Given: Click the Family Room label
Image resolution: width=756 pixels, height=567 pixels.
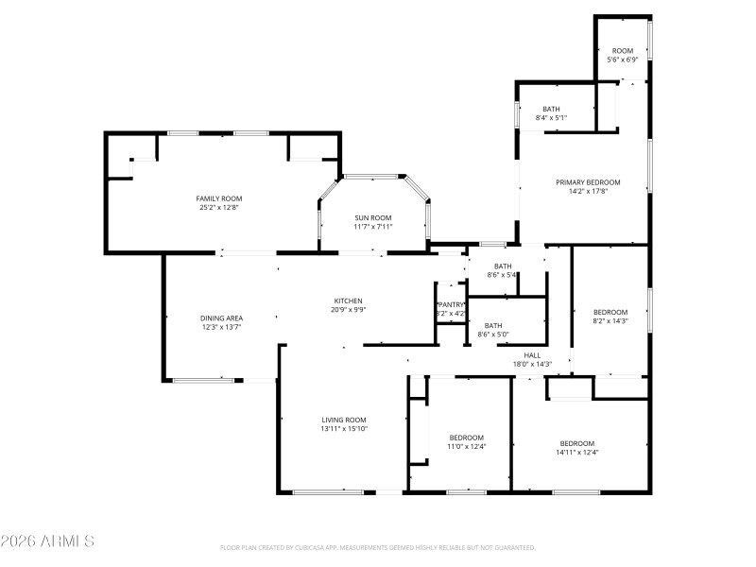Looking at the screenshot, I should tap(217, 198).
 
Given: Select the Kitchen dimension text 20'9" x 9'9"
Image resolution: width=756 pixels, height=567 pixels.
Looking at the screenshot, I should tap(348, 309).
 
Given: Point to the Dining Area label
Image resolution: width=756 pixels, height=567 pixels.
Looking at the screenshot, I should tap(222, 318).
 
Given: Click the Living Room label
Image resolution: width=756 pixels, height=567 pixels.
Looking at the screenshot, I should tap(343, 420).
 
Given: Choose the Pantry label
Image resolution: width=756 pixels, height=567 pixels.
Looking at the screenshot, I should tap(451, 303).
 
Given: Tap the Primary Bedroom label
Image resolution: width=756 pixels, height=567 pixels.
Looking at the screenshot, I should tap(588, 182).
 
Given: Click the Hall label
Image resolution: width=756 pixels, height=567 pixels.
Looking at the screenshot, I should tap(532, 354).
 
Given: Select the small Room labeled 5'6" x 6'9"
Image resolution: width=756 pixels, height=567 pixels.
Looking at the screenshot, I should tap(622, 51).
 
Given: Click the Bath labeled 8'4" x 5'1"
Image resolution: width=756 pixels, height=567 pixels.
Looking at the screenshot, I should tap(551, 109).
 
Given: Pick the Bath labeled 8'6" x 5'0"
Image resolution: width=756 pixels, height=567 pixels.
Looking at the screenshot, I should tap(493, 325).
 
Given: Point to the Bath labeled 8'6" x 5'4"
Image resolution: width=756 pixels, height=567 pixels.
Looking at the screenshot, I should tap(502, 266).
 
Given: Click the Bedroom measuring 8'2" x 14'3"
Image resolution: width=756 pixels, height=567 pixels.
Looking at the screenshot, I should tap(610, 312).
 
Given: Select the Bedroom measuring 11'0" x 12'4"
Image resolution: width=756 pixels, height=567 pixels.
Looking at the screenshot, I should tap(466, 438).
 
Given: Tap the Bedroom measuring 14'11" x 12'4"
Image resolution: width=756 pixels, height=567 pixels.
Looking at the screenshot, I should tap(576, 443).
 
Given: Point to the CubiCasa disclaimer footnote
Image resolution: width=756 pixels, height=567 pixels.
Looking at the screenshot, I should tap(378, 547).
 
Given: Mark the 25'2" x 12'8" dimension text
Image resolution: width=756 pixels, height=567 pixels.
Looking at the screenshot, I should tap(217, 207).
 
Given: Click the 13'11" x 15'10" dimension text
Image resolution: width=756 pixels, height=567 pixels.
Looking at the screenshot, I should tap(343, 429).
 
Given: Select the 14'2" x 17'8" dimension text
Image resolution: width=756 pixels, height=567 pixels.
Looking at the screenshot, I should tap(588, 191).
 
